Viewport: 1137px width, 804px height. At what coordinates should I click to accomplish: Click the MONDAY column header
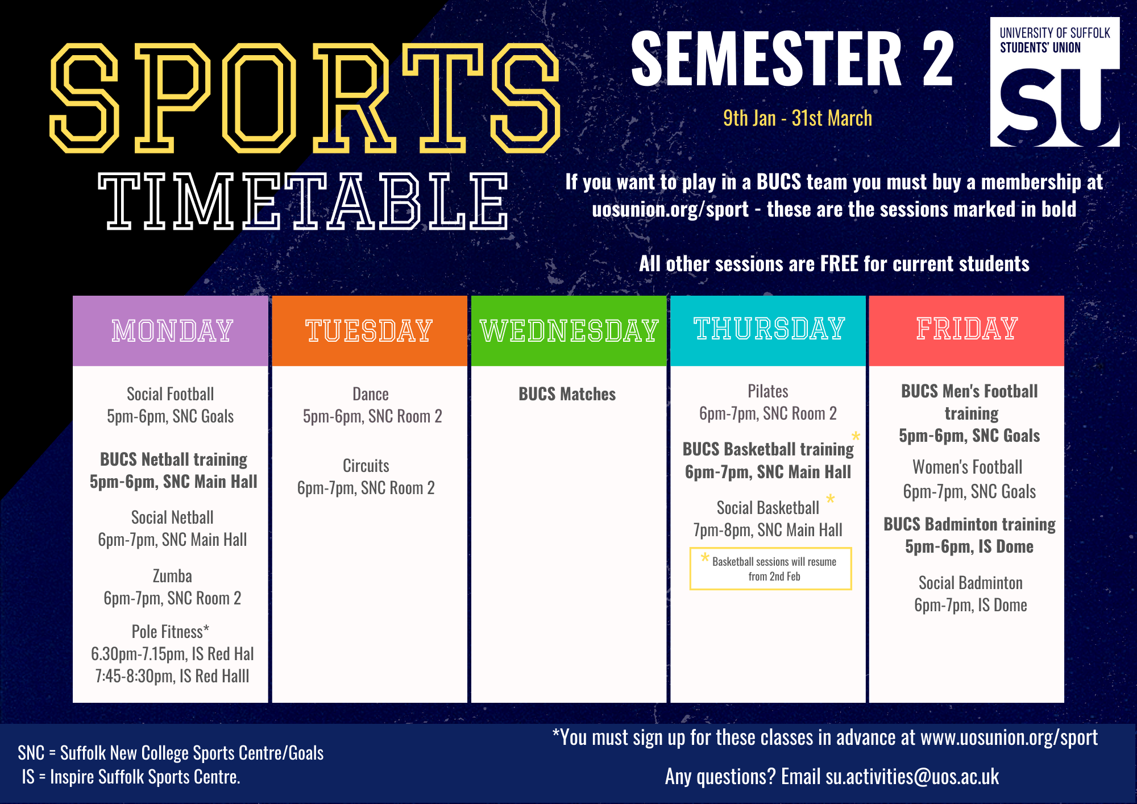point(172,330)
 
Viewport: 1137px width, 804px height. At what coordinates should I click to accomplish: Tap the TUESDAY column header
point(370,330)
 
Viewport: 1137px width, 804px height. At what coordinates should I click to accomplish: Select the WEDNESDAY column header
point(569,330)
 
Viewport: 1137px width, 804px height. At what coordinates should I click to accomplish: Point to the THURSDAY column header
point(769,329)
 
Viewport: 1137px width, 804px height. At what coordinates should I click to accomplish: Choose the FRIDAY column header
point(967,329)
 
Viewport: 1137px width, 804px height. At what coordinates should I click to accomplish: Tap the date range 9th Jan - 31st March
point(798,118)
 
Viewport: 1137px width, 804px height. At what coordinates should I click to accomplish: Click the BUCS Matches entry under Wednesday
point(567,394)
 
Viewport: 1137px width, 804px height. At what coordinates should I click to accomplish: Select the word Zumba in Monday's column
point(172,576)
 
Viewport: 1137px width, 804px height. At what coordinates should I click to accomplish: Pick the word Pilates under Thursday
point(768,391)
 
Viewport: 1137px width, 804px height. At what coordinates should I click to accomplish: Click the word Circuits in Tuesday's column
point(366,466)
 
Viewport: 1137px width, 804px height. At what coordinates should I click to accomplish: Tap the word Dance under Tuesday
point(371,394)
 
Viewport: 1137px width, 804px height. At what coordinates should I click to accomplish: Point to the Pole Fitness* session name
point(171,632)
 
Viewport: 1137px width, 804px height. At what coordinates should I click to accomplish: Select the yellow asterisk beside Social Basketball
point(831,500)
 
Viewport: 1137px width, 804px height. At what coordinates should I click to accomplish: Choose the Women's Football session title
point(968,467)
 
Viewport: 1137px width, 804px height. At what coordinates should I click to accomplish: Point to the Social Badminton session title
point(970,583)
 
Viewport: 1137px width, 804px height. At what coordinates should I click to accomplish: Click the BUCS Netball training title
point(174,459)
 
